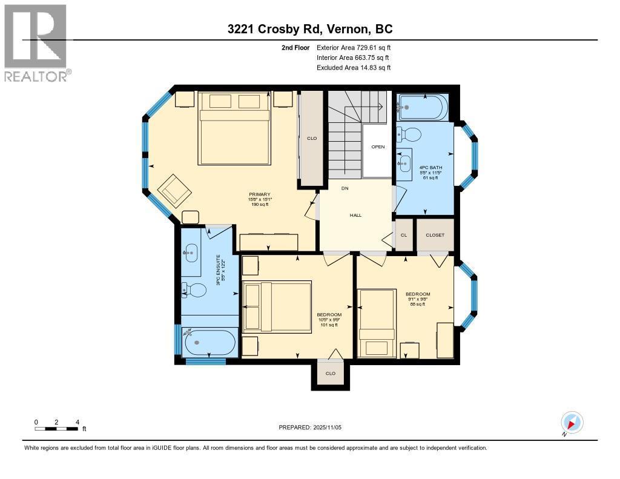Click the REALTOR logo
36,42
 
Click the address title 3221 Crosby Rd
310,29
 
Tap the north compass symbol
572,423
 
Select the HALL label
355,215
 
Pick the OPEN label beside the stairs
378,147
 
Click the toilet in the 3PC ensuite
193,291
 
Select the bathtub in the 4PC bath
423,108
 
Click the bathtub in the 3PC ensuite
209,343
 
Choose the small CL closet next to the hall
404,235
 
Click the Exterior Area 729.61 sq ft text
354,47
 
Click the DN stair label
345,189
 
